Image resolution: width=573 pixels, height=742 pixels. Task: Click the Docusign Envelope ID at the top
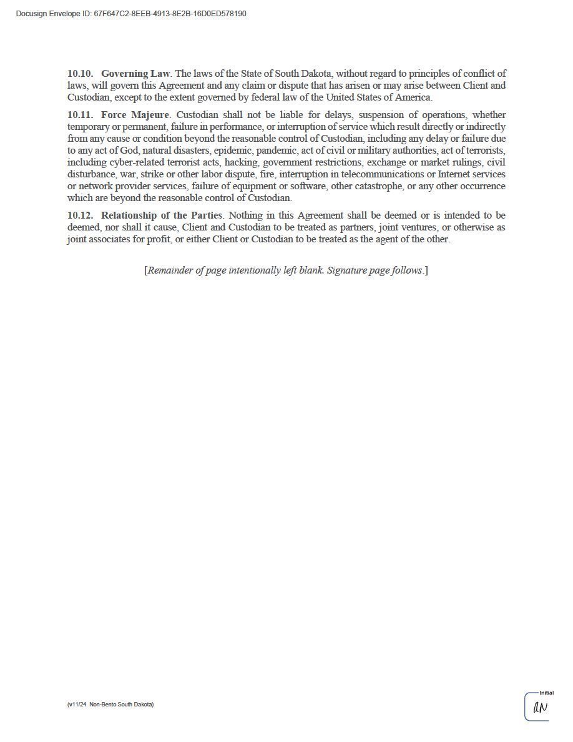131,14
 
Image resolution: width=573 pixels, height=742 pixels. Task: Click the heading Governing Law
135,74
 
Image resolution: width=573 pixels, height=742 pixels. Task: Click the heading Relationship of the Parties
162,215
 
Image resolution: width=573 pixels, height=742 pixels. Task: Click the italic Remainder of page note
286,270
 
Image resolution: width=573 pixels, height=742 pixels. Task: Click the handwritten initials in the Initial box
540,708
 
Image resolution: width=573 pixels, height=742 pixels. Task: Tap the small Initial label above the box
546,693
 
